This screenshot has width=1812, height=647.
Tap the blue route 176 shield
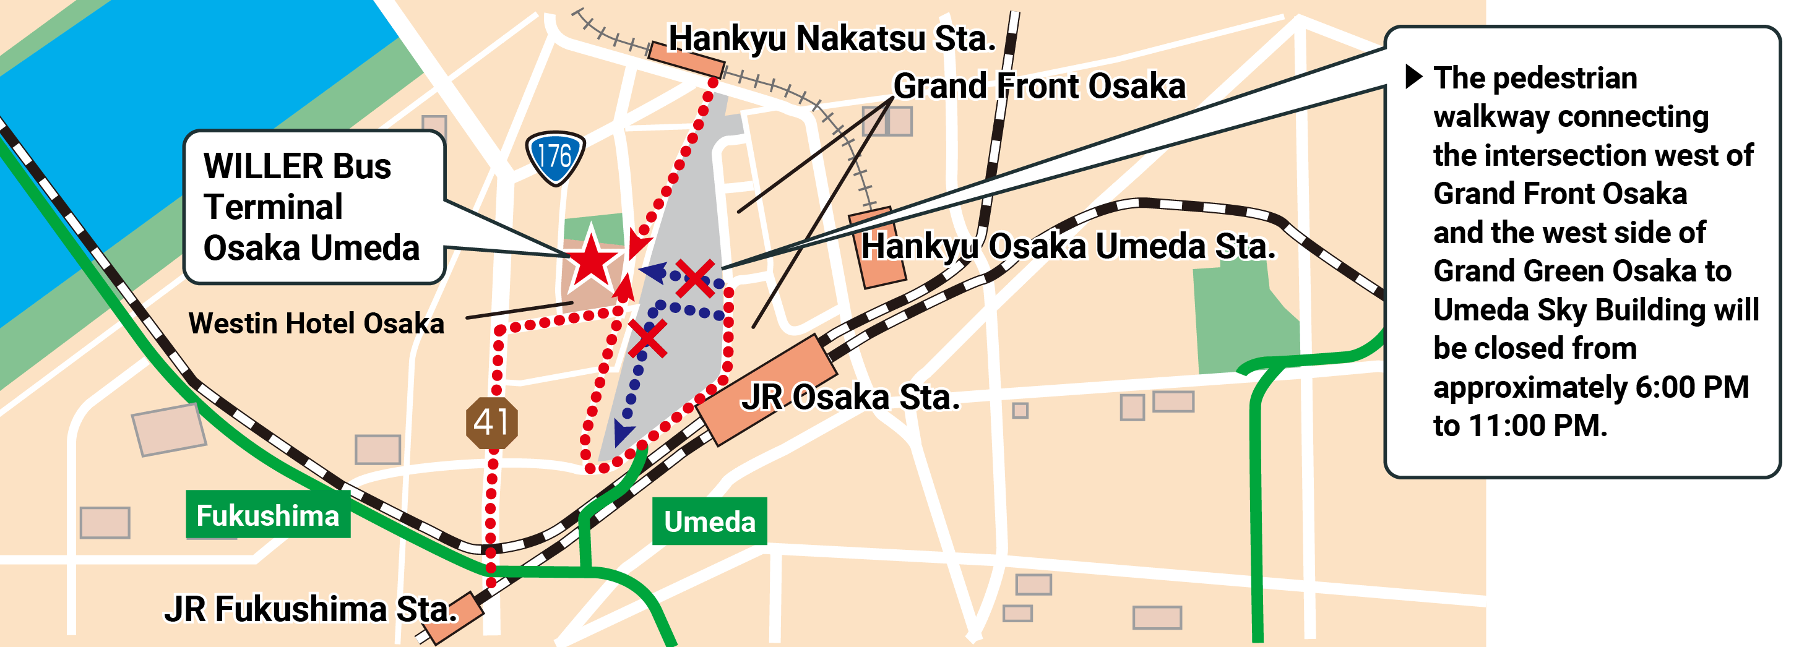(555, 157)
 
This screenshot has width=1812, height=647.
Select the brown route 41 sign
(492, 422)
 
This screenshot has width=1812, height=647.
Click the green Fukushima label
(267, 515)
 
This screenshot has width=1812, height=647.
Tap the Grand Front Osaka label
(1039, 87)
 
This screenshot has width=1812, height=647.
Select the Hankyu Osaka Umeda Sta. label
(1068, 247)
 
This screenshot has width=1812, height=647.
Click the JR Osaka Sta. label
(851, 397)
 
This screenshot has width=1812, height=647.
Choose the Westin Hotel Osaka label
(316, 323)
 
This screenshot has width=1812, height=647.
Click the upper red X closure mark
(695, 278)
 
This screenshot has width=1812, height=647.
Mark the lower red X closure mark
(647, 338)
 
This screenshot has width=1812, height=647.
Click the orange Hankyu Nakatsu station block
(686, 60)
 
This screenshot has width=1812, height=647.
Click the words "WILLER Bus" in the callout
(297, 166)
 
